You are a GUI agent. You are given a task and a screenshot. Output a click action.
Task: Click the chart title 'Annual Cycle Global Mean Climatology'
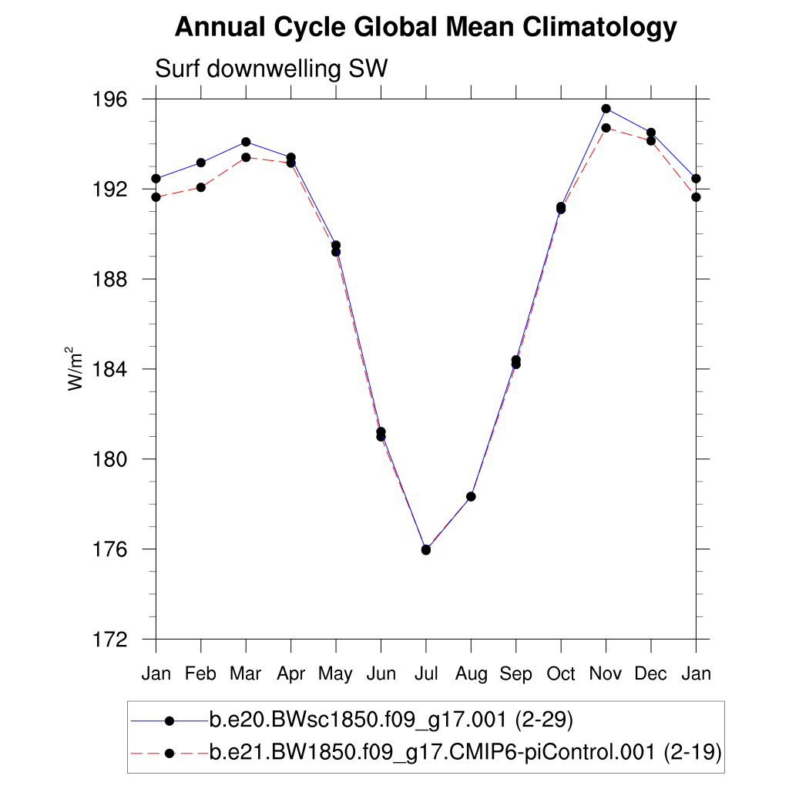coord(425,29)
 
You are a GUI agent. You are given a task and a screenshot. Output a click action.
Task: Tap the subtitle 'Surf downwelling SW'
coord(271,69)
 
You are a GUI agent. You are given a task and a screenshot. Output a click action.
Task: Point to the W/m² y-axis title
coord(76,369)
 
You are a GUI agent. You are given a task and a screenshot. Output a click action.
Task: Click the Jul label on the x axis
coord(426,674)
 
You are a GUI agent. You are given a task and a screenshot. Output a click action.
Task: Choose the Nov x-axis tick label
coord(606,674)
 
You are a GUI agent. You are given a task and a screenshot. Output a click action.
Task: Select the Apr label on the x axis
coord(290,674)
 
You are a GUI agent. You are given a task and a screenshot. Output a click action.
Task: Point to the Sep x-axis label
coord(515,674)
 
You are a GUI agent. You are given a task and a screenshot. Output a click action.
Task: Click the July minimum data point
coord(426,549)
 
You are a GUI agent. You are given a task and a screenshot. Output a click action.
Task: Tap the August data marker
coord(471,496)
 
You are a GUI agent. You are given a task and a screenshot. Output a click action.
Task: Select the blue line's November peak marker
coord(606,109)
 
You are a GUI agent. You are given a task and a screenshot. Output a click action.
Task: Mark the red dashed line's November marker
coord(606,128)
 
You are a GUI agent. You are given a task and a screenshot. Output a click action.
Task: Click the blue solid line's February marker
coord(201,163)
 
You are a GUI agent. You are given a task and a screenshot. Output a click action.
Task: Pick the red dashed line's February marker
coord(201,187)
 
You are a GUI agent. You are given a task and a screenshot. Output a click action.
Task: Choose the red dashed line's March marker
coord(246,157)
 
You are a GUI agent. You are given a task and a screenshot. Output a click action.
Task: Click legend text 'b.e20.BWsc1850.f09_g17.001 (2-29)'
coord(391,720)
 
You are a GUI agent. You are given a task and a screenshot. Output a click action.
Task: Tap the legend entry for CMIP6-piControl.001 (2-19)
coord(465,751)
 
